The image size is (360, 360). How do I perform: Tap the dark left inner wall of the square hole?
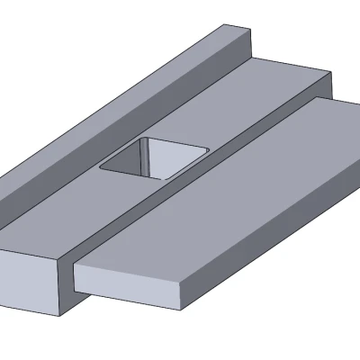[x=135, y=157]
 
